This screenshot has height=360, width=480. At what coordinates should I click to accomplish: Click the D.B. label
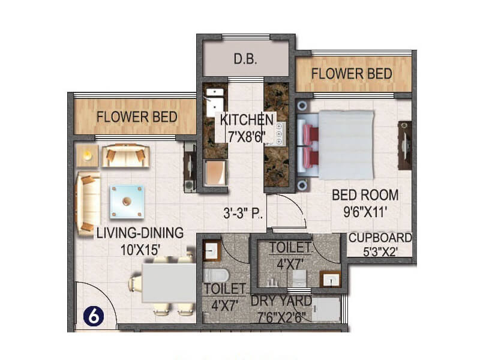pos(245,59)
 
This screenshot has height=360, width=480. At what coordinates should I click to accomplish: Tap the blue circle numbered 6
pos(94,317)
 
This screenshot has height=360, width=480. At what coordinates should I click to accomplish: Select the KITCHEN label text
pos(247,119)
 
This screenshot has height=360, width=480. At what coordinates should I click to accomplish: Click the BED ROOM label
pos(365,195)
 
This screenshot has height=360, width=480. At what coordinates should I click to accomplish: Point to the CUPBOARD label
pos(380,238)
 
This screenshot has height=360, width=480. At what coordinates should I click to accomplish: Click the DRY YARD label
pos(281,301)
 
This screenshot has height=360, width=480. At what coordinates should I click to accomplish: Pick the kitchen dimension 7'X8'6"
pos(247,137)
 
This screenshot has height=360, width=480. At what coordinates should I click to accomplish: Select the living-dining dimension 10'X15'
pos(140,250)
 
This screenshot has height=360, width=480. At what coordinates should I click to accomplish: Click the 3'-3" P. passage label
pos(242,213)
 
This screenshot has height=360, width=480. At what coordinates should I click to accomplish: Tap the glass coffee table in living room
pos(127,202)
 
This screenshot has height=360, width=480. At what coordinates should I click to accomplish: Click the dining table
pos(169,283)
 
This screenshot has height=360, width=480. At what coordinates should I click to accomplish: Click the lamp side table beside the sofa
pos(88,155)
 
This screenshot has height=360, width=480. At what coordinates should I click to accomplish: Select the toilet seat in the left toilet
pos(215,275)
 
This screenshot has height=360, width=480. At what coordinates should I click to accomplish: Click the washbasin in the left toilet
pos(212,250)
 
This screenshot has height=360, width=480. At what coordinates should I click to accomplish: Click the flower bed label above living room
pos(137,117)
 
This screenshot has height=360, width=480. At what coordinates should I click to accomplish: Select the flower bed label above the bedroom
pos(352,74)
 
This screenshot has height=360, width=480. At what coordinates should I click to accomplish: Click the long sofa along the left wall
pos(88,203)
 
